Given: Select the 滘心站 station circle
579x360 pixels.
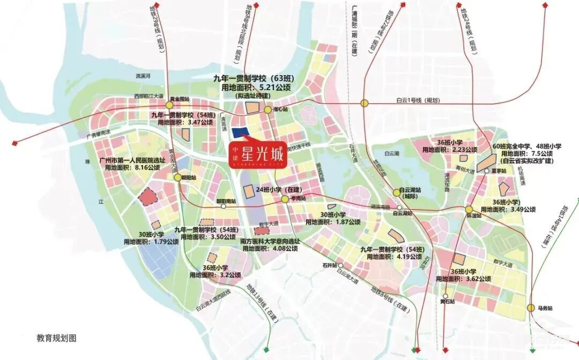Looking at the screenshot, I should pos(268,109).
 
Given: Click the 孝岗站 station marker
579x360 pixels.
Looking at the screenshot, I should pos(285,199).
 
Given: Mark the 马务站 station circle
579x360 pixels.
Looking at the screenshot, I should pos(531,308).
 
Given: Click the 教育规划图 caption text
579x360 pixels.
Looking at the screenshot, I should pos(57,338).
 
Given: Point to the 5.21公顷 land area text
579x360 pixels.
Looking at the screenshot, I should pos(273,87).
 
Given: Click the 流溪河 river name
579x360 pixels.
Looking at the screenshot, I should pos(145,76).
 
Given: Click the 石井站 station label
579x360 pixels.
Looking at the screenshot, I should pos(330,265).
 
